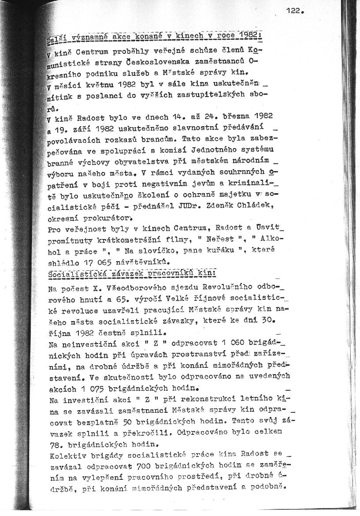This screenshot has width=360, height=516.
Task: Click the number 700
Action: pyautogui.click(x=148, y=466)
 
